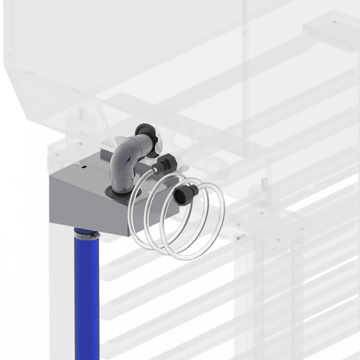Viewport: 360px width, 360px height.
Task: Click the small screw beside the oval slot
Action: click(x=77, y=164)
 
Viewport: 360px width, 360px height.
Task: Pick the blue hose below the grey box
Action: click(x=86, y=288)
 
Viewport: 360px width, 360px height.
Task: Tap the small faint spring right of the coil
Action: click(x=241, y=237)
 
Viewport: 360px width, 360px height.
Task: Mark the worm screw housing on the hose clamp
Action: click(x=93, y=236)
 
